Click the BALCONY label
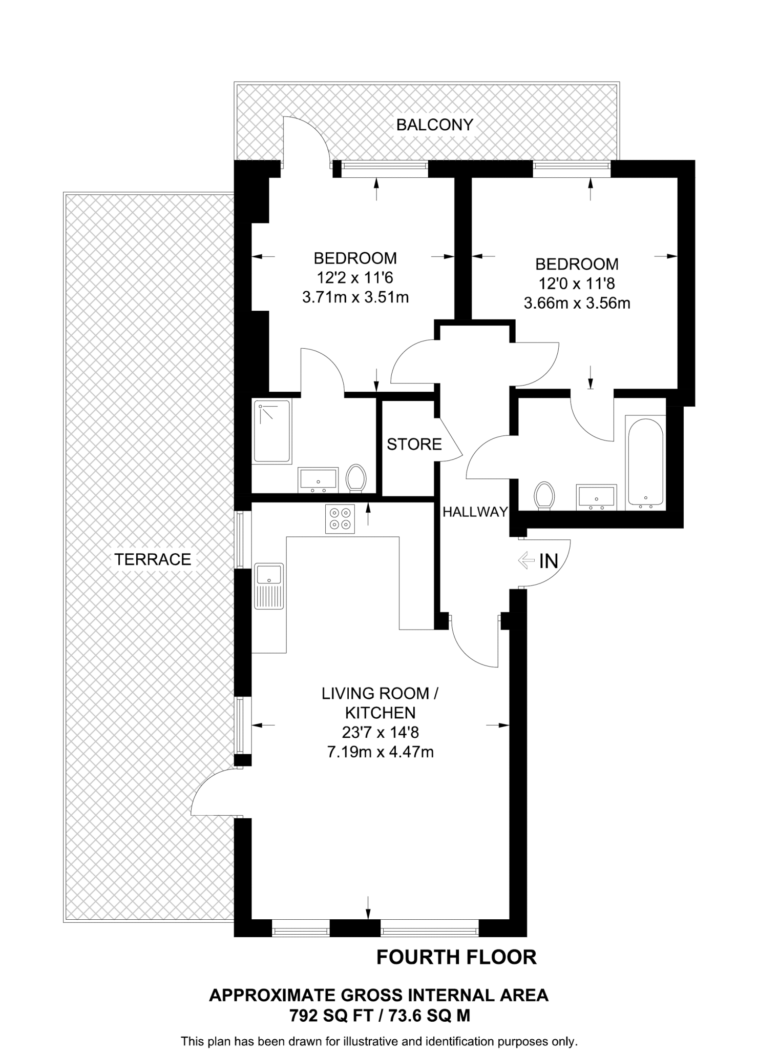[x=434, y=125]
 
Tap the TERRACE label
[x=153, y=559]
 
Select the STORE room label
[x=414, y=444]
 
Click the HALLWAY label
[x=475, y=512]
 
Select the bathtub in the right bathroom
[x=645, y=462]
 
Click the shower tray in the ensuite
[x=272, y=431]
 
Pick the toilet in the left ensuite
[x=356, y=478]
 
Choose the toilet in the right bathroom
[x=544, y=495]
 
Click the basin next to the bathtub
[x=596, y=497]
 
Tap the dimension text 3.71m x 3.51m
[x=355, y=297]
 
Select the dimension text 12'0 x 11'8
[x=576, y=284]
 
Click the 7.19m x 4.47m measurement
[x=380, y=752]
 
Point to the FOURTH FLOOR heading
[x=456, y=957]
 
